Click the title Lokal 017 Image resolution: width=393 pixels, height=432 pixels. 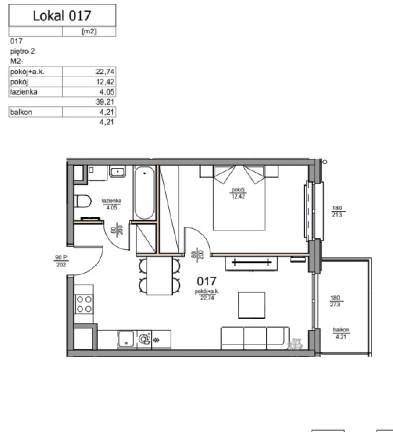[62, 15]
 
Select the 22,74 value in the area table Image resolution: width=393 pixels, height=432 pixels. [105, 72]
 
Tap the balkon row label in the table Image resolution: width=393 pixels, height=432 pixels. [21, 112]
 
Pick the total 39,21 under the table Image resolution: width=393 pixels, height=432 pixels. [105, 102]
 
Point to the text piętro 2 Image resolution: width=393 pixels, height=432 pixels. [22, 51]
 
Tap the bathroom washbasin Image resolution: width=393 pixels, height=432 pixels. [118, 172]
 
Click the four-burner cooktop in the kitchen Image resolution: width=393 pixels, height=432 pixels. [84, 304]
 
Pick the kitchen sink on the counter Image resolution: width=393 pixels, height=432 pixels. [126, 339]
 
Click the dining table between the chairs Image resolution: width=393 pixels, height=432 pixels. [160, 275]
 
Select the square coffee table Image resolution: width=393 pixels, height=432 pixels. [252, 306]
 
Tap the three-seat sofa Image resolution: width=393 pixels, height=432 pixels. [255, 338]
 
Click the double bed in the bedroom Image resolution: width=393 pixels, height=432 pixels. [239, 198]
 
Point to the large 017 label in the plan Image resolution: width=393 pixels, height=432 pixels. [207, 281]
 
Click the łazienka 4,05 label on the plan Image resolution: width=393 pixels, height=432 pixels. [112, 204]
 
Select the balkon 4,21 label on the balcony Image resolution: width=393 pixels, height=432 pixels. [341, 333]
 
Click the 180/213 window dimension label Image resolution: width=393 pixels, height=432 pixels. [337, 211]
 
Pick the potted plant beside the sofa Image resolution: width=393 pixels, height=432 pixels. [295, 344]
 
